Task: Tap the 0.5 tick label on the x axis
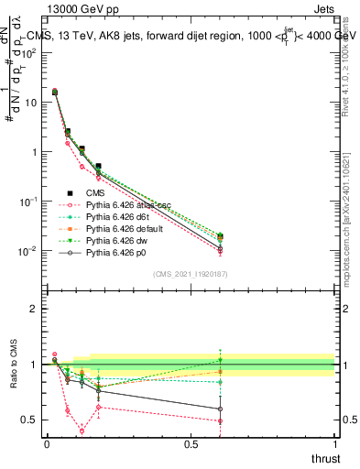tap(191, 443)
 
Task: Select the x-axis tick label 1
tap(334, 443)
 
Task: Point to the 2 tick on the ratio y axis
tap(35, 309)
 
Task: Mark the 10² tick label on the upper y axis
tap(29, 52)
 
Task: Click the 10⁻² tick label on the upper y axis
tap(29, 250)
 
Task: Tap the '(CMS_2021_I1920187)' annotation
tap(191, 273)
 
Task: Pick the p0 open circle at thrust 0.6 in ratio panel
tap(220, 409)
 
